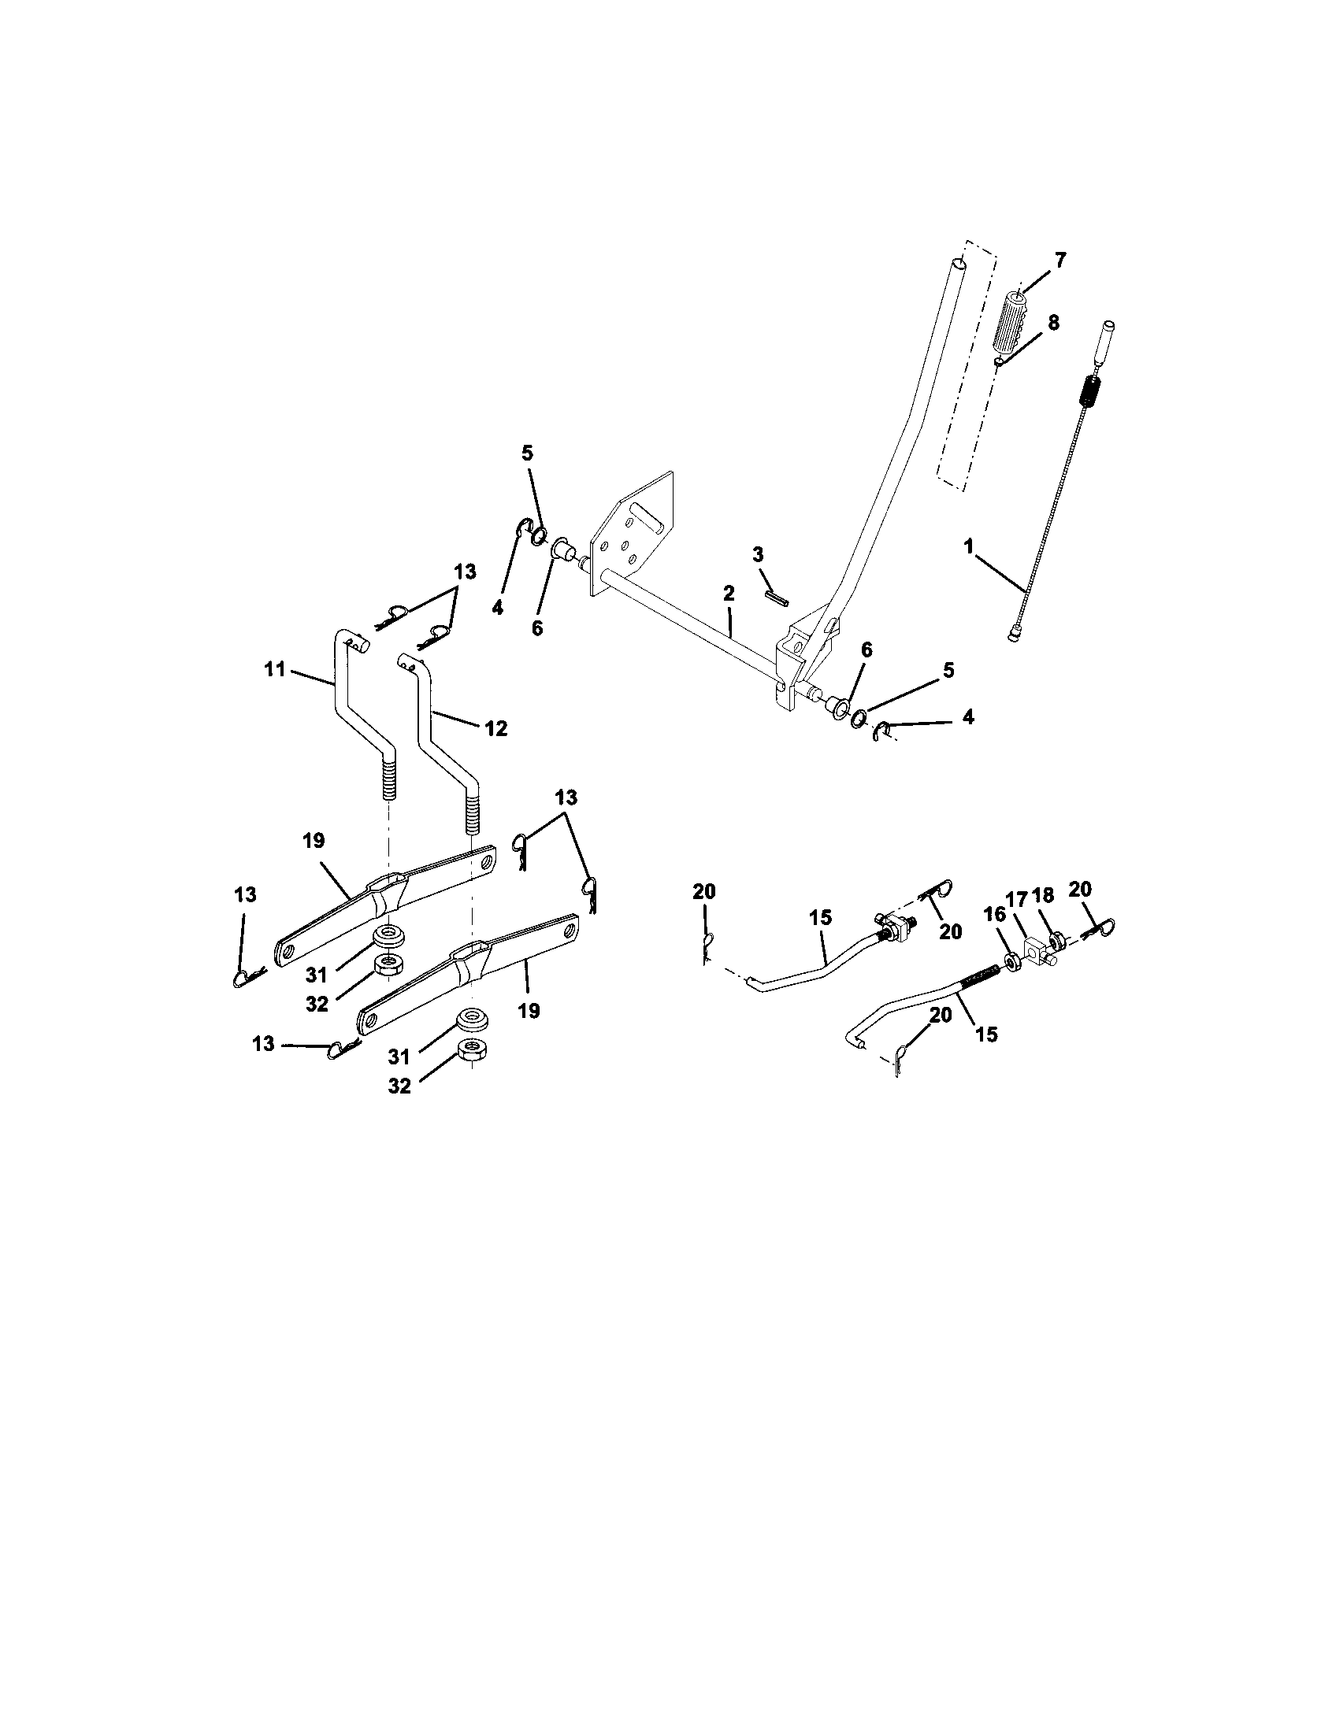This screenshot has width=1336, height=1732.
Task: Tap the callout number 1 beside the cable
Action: [968, 546]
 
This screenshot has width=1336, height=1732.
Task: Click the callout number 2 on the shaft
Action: [729, 593]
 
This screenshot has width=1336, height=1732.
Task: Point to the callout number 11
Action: [274, 669]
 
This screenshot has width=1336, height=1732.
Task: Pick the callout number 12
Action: [495, 728]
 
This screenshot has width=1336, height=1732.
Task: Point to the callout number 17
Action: [1017, 898]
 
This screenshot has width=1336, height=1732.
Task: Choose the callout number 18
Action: [1042, 896]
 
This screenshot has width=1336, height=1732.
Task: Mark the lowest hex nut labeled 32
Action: [473, 1050]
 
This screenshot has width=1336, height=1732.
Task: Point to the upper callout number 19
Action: [314, 841]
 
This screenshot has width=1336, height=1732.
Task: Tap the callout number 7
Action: [1060, 260]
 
